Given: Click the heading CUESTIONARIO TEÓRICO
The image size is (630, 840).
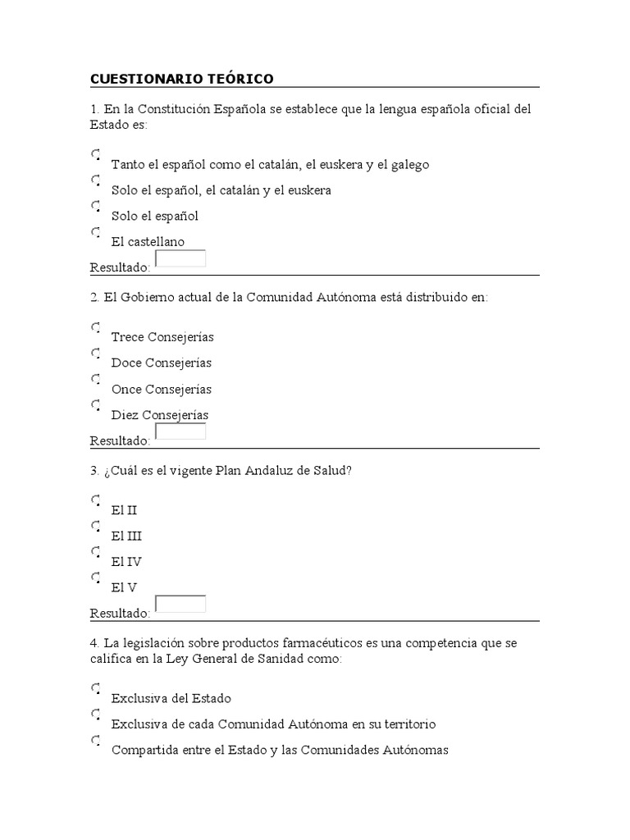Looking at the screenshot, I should pos(181,79).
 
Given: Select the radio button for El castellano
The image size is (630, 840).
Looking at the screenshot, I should pos(96,232).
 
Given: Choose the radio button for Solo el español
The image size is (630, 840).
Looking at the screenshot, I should pos(96,206).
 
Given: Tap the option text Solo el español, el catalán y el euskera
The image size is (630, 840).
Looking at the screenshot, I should pos(221,190).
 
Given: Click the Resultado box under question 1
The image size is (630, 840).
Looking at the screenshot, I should pos(180,259).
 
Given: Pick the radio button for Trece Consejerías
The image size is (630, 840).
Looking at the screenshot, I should pos(96,327).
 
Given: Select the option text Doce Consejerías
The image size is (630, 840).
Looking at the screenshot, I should pos(161,363).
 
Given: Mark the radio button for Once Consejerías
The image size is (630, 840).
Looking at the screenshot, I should pos(96,379).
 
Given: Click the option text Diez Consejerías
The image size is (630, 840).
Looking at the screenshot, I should pos(159,415).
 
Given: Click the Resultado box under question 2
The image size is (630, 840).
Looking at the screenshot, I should pos(180,432).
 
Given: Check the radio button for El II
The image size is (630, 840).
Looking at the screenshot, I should pos(96,500).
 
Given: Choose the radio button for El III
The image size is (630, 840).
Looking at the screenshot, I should pos(96,526).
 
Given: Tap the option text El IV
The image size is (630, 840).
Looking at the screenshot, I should pos(126,562).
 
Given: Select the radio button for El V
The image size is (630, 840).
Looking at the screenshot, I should pos(96,578).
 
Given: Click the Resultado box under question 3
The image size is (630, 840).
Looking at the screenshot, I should pos(180,605).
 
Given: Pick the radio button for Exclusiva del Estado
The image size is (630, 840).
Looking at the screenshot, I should pos(96,689).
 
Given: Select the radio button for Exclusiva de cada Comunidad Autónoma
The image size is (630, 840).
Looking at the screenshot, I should pos(96,715).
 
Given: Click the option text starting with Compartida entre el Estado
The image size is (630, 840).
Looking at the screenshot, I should pos(279,750).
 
